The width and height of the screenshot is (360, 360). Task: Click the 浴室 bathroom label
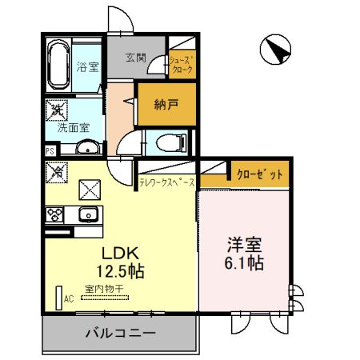87,66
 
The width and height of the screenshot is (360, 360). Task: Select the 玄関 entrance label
136,58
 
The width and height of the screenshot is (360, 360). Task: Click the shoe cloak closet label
180,65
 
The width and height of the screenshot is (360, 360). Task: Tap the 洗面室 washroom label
73,126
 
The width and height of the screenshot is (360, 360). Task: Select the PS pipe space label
50,150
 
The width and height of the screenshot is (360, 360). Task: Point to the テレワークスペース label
166,183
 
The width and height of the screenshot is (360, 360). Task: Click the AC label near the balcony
69,299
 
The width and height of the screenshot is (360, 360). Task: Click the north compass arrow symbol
279,51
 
